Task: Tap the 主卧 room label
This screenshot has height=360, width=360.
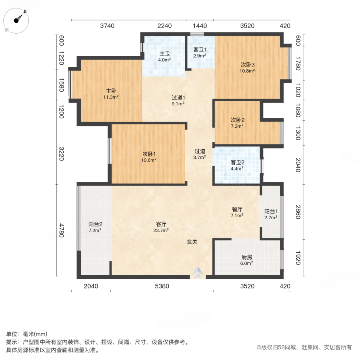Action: click(112, 90)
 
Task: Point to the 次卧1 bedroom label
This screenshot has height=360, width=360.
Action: click(149, 154)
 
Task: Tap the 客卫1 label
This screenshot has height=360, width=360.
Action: click(199, 50)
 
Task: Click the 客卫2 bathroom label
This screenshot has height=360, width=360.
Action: click(237, 162)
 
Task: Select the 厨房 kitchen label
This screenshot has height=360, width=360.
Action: click(247, 257)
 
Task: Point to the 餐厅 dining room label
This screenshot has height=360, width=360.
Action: click(237, 209)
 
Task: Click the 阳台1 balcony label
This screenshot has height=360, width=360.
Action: click(270, 212)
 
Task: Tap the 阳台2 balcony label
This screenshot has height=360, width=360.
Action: click(95, 224)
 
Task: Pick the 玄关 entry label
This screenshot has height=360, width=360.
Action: click(192, 242)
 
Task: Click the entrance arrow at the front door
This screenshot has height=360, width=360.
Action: click(198, 273)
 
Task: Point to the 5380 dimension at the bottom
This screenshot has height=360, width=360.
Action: click(162, 286)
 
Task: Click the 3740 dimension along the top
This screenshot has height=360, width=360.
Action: click(107, 26)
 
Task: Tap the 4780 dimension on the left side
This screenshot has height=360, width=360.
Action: click(61, 230)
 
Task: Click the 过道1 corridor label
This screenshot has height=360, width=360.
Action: click(178, 98)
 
